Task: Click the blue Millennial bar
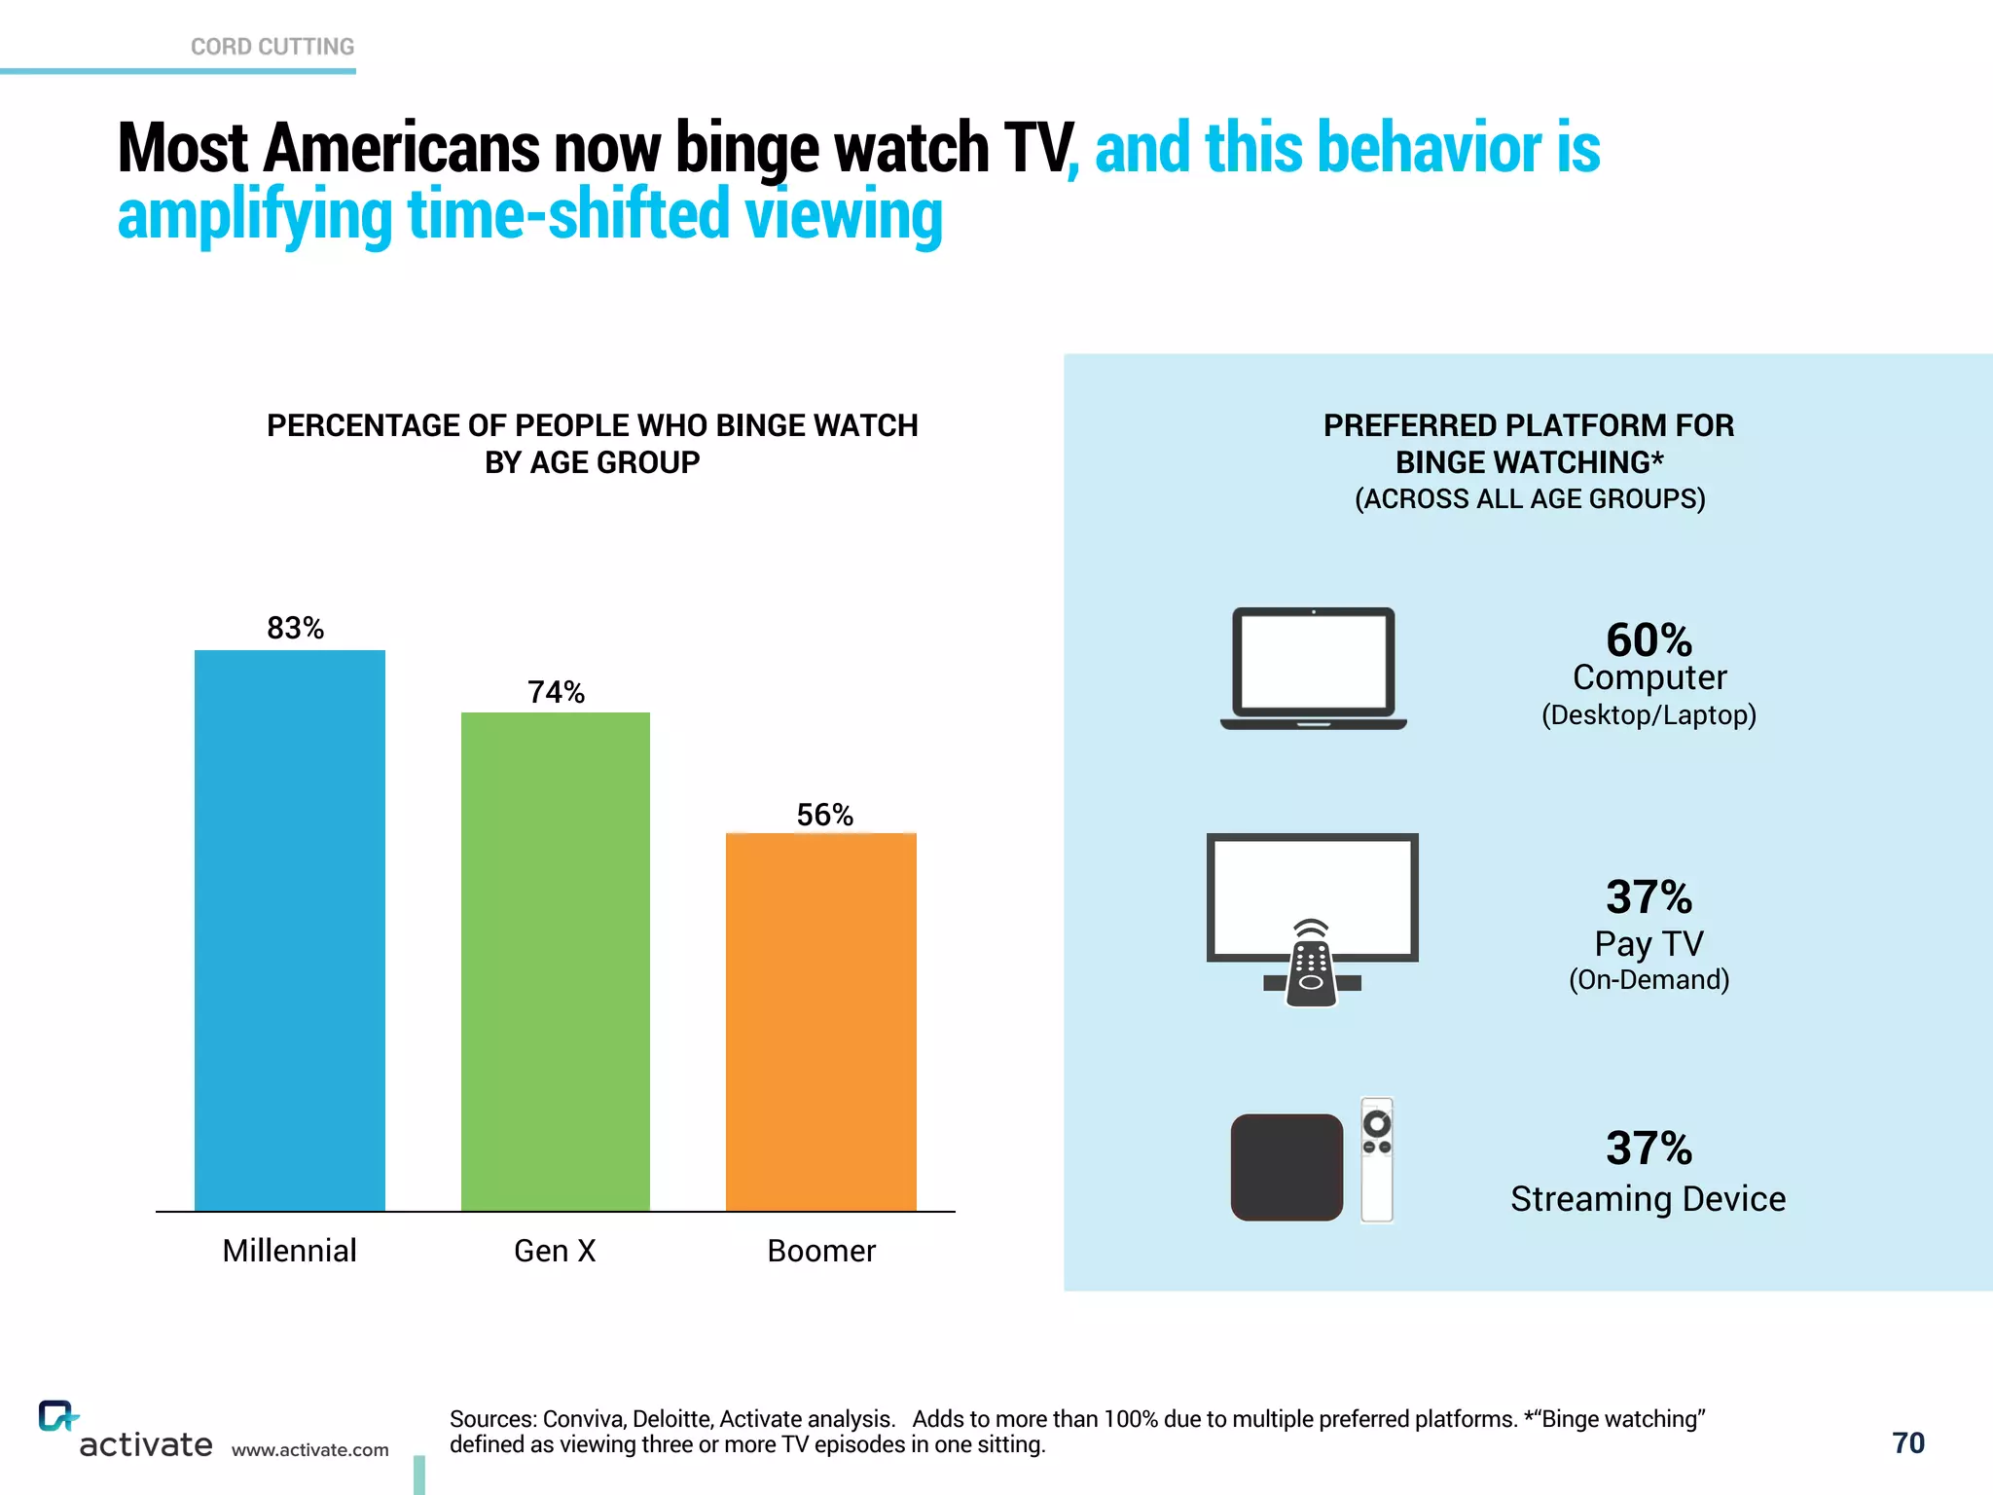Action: (x=290, y=930)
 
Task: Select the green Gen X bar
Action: (x=555, y=961)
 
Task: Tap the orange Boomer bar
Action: (x=821, y=1022)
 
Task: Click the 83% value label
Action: (x=295, y=628)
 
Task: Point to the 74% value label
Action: (x=556, y=692)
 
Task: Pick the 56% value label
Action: (x=824, y=815)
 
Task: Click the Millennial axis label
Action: (x=289, y=1251)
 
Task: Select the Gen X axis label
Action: (x=555, y=1251)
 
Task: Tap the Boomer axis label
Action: (x=821, y=1251)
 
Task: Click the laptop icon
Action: (x=1313, y=669)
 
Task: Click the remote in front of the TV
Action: (x=1311, y=964)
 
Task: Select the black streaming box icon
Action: (x=1286, y=1167)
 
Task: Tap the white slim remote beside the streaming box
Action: (x=1376, y=1159)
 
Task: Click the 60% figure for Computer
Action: (x=1649, y=639)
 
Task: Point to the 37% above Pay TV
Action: (x=1649, y=896)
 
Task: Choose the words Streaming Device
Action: (x=1648, y=1199)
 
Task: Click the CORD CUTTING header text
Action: (x=272, y=47)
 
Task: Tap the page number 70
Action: (x=1907, y=1442)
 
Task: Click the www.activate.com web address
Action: (x=309, y=1450)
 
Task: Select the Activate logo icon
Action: (x=56, y=1416)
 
